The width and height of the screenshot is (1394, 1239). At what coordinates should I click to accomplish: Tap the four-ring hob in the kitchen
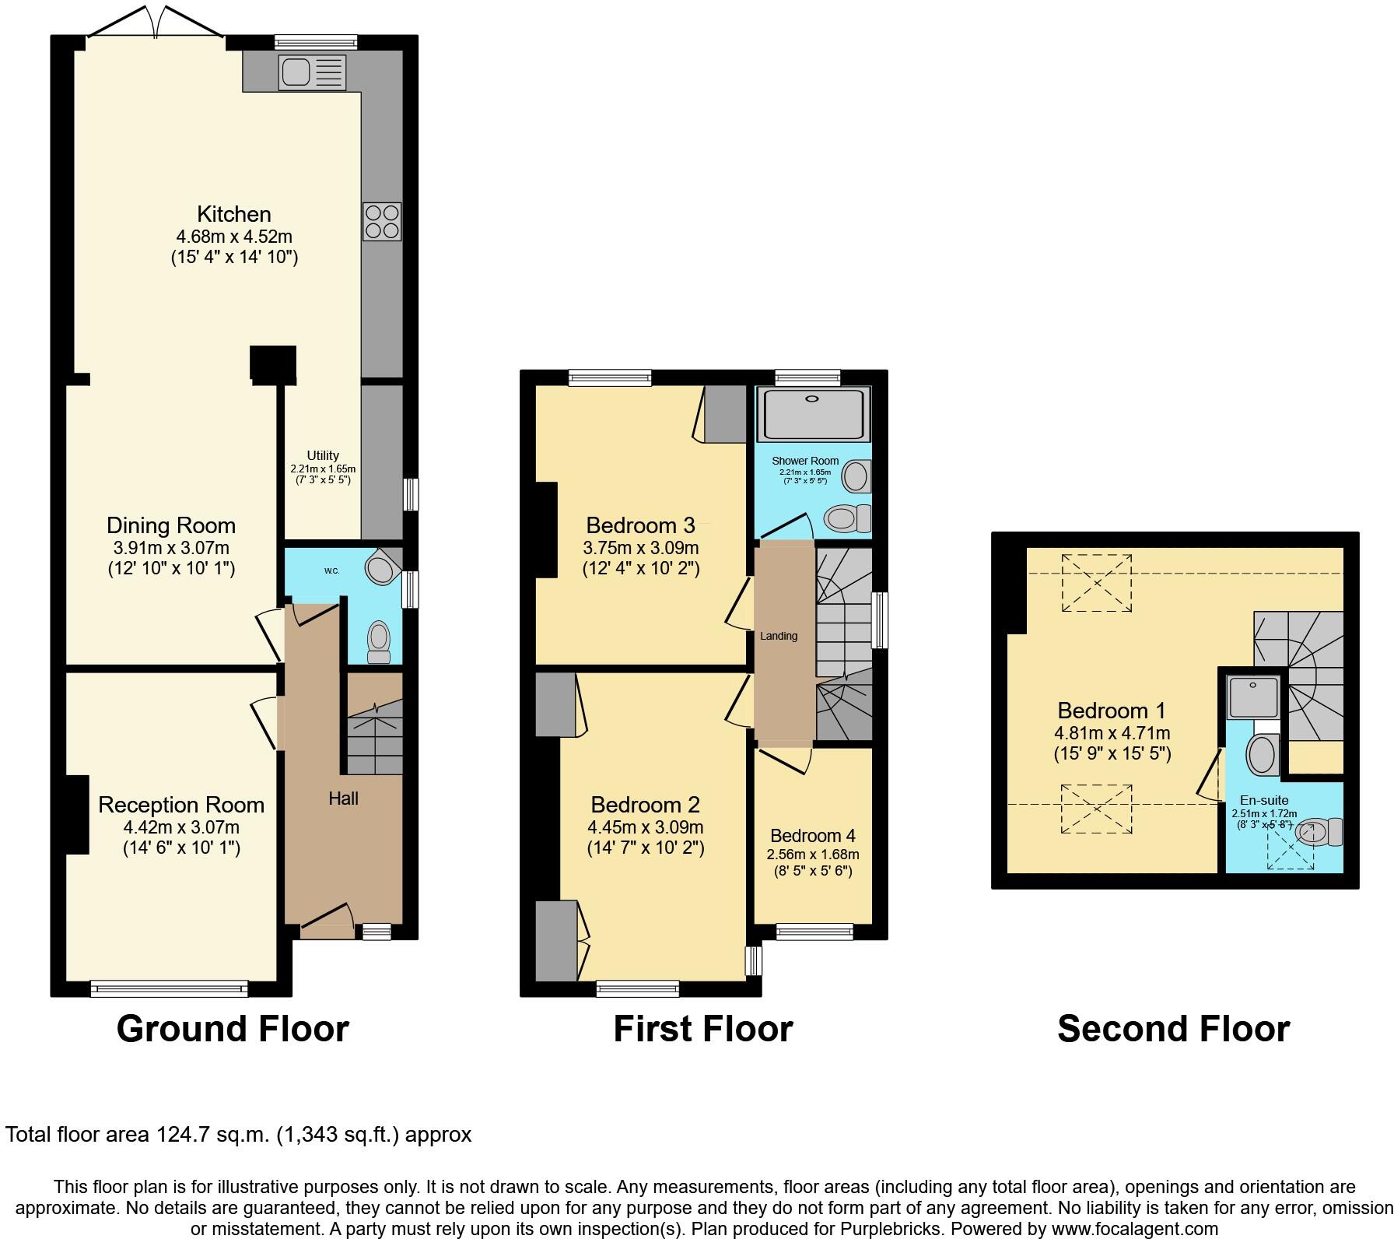click(382, 221)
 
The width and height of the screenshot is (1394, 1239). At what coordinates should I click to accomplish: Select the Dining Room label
click(170, 525)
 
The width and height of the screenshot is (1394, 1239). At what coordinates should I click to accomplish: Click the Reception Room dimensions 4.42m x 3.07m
click(180, 827)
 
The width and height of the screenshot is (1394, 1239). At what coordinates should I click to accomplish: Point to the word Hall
click(343, 798)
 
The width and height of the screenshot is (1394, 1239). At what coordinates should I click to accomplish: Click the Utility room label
click(323, 455)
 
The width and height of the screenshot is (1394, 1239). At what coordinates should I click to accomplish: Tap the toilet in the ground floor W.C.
click(379, 641)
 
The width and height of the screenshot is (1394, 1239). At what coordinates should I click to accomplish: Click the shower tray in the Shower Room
click(813, 414)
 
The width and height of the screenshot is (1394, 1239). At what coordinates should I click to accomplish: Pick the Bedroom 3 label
click(640, 525)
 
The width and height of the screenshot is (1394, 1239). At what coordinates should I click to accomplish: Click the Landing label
click(779, 636)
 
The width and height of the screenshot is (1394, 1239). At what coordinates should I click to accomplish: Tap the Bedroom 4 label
click(813, 835)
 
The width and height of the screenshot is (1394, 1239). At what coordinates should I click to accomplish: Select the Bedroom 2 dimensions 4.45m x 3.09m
click(645, 827)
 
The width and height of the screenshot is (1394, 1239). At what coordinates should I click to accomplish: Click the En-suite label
click(1264, 800)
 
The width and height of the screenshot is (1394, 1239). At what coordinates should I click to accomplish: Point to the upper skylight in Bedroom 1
click(1097, 582)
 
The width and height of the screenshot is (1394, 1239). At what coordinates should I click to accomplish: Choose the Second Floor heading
click(1173, 1028)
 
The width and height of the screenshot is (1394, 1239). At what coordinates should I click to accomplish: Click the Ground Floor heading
click(233, 1028)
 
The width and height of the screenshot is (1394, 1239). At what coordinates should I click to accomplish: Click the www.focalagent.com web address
click(1133, 1229)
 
